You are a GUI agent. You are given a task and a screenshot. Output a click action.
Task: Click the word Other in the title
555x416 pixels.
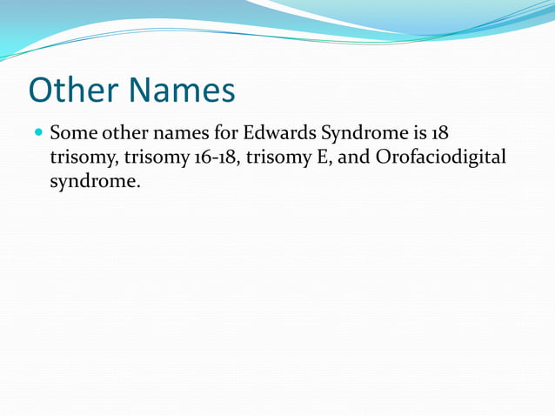click(x=76, y=90)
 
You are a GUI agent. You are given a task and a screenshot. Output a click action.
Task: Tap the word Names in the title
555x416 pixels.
click(x=183, y=90)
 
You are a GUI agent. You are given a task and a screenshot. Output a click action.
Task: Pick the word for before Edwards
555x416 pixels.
click(x=226, y=135)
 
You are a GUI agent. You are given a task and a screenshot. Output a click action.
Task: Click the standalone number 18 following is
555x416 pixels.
click(x=438, y=135)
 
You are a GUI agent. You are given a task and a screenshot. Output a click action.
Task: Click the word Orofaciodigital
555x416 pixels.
click(x=441, y=158)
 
